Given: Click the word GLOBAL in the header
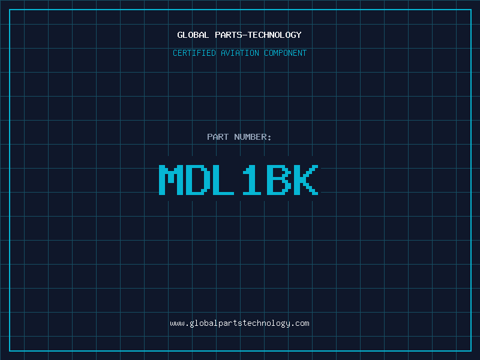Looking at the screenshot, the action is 193,35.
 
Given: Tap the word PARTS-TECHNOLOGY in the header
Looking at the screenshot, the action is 258,35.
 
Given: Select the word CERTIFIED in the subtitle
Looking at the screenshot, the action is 194,53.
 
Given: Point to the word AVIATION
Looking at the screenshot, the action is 239,53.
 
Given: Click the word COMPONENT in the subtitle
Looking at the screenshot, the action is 286,53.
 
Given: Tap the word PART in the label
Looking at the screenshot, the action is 218,137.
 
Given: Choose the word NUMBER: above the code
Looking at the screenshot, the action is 253,137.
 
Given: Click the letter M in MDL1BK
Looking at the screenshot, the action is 171,179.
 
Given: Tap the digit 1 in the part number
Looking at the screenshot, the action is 252,179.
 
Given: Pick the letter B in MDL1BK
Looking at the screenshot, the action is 279,179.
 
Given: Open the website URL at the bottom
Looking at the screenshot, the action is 239,323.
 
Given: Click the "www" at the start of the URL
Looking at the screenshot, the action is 177,324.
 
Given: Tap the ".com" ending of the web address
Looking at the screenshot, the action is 301,324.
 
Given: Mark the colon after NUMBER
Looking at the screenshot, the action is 269,138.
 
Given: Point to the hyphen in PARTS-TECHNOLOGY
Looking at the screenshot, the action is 244,35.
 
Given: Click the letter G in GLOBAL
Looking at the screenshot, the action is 179,35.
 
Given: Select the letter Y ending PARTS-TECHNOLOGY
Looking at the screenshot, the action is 299,35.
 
